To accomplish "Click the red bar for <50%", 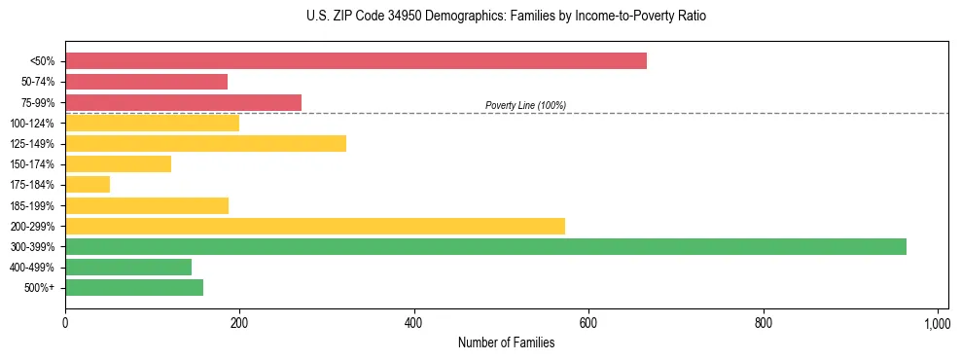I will pyautogui.click(x=356, y=61).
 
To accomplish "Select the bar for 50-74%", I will pyautogui.click(x=146, y=82).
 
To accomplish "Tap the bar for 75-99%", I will pyautogui.click(x=183, y=102).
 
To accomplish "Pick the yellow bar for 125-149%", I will pyautogui.click(x=205, y=144).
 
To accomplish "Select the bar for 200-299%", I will pyautogui.click(x=315, y=227).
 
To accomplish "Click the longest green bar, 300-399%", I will pyautogui.click(x=485, y=247).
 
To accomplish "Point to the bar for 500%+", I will pyautogui.click(x=134, y=288).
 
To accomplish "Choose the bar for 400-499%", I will pyautogui.click(x=128, y=268).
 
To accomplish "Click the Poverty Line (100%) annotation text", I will pyautogui.click(x=525, y=105).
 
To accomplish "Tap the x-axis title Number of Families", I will pyautogui.click(x=506, y=342).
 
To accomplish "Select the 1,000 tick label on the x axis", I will pyautogui.click(x=937, y=322).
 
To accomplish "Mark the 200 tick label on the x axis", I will pyautogui.click(x=239, y=322).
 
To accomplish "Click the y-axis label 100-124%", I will pyautogui.click(x=32, y=124).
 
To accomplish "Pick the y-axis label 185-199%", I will pyautogui.click(x=32, y=206).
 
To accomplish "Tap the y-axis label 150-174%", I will pyautogui.click(x=32, y=164).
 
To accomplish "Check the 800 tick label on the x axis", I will pyautogui.click(x=763, y=322).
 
